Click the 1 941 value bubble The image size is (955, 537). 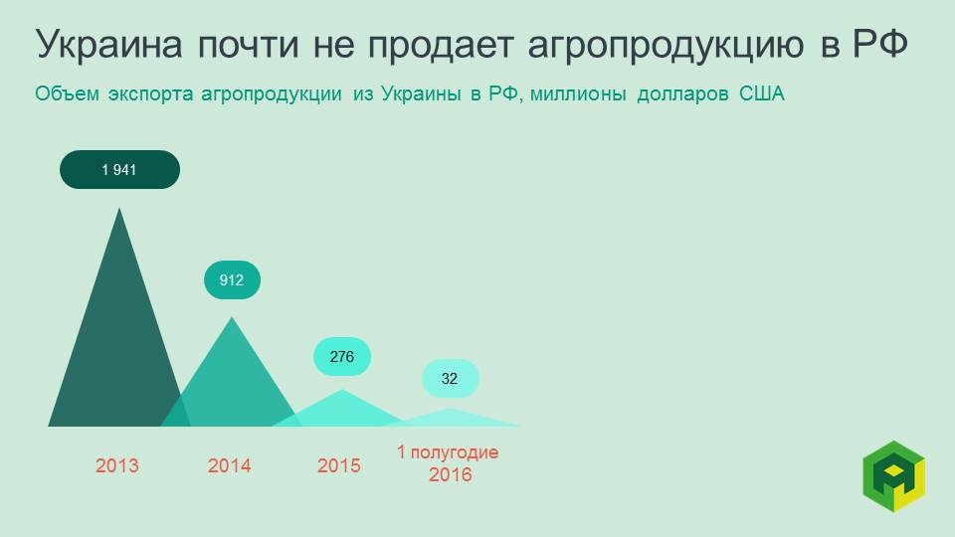pyautogui.click(x=119, y=169)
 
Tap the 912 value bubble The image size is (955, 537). pyautogui.click(x=232, y=280)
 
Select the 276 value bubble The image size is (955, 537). pyautogui.click(x=342, y=356)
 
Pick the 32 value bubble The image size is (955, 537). pyautogui.click(x=450, y=379)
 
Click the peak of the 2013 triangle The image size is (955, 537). pyautogui.click(x=120, y=209)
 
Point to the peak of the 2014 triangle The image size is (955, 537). pyautogui.click(x=232, y=318)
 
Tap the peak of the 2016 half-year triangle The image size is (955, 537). pyautogui.click(x=451, y=410)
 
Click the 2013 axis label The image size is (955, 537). pyautogui.click(x=117, y=465)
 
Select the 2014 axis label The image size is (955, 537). pyautogui.click(x=230, y=465)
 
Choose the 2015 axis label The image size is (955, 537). pyautogui.click(x=339, y=465)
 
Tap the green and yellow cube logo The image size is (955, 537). pyautogui.click(x=893, y=475)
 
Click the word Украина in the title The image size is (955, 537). pyautogui.click(x=108, y=45)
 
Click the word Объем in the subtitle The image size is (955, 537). pyautogui.click(x=67, y=95)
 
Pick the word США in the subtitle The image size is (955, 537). pyautogui.click(x=762, y=95)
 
